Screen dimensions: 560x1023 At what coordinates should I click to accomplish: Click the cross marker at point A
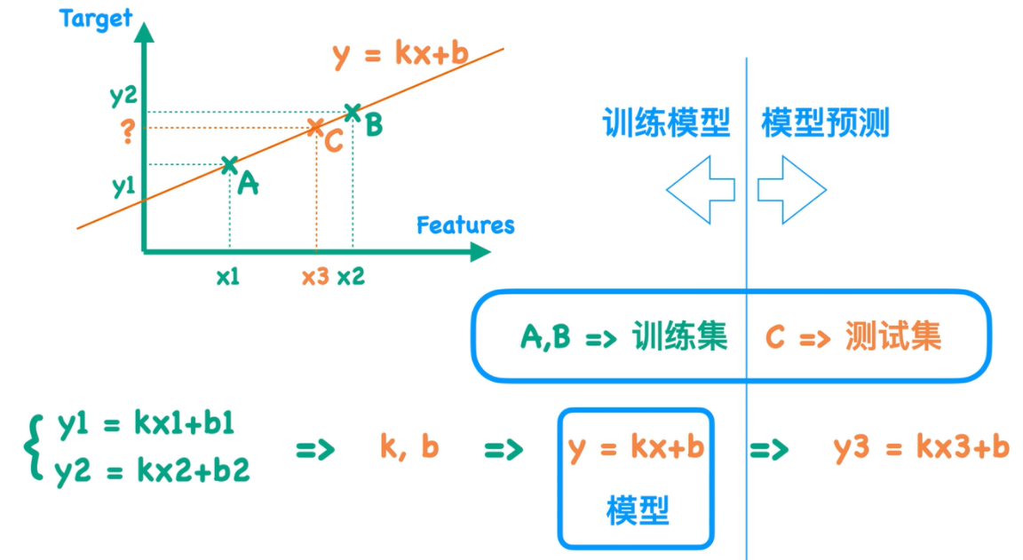pyautogui.click(x=229, y=164)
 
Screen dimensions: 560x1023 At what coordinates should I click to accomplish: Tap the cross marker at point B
pyautogui.click(x=353, y=112)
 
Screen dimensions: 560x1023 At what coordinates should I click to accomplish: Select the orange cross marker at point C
pyautogui.click(x=314, y=128)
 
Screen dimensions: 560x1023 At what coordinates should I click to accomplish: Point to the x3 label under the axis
pyautogui.click(x=314, y=277)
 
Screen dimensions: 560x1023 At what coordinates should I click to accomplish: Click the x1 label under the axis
pyautogui.click(x=228, y=277)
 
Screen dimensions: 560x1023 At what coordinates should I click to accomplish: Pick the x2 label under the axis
pyautogui.click(x=351, y=277)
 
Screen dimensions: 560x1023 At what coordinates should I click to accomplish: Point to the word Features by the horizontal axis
pyautogui.click(x=465, y=225)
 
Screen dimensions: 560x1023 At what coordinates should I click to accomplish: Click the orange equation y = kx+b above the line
pyautogui.click(x=400, y=54)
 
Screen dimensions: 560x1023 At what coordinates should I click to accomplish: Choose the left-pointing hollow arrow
pyautogui.click(x=701, y=190)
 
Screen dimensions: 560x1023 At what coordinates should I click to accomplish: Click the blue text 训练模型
pyautogui.click(x=666, y=123)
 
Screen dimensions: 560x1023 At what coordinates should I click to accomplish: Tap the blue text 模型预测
pyautogui.click(x=825, y=123)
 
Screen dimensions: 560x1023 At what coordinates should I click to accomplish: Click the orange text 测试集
pyautogui.click(x=892, y=337)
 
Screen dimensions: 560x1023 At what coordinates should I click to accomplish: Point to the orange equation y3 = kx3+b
pyautogui.click(x=922, y=446)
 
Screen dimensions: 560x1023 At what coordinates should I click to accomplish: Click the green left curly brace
pyautogui.click(x=33, y=448)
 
